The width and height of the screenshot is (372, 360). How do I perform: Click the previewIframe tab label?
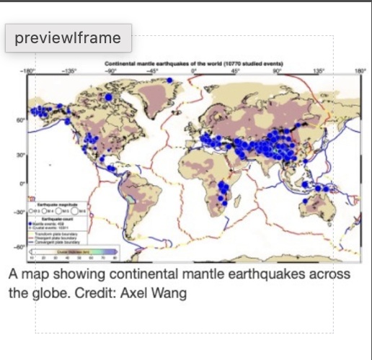pyautogui.click(x=68, y=37)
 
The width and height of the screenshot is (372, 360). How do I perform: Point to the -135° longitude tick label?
pyautogui.click(x=69, y=71)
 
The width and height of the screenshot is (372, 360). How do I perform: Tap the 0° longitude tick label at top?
pyautogui.click(x=193, y=71)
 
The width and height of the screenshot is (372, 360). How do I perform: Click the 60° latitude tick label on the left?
pyautogui.click(x=21, y=121)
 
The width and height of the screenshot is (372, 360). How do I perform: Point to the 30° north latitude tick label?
pyautogui.click(x=21, y=153)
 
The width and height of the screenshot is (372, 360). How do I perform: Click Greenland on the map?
pyautogui.click(x=155, y=90)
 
